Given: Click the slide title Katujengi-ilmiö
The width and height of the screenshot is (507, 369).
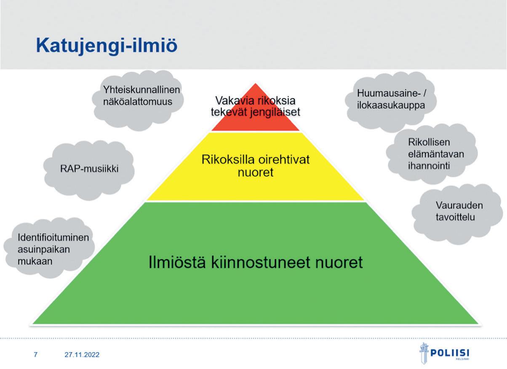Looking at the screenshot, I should [x=106, y=45].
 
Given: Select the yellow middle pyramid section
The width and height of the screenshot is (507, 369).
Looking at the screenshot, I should [x=255, y=185].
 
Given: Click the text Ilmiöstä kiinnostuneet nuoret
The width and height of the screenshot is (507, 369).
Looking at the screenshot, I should [x=256, y=262].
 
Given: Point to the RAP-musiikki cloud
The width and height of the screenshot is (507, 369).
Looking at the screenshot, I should [x=89, y=169].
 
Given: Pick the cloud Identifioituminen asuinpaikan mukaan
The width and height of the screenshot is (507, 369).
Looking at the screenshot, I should [x=48, y=249].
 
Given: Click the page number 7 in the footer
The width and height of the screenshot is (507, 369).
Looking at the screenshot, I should [x=35, y=355].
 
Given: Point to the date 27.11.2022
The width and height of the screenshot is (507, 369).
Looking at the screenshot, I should [x=82, y=355].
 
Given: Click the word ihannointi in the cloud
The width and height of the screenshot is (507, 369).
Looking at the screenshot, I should [x=429, y=166].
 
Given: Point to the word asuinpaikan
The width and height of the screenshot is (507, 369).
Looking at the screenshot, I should [x=44, y=249].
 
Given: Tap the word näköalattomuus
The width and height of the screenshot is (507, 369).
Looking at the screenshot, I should [x=138, y=102].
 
